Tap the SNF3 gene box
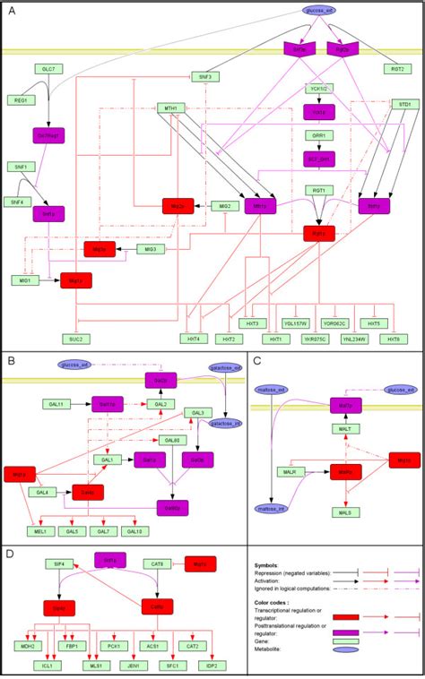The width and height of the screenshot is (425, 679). pyautogui.click(x=204, y=77)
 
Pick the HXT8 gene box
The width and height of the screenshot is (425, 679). pyautogui.click(x=391, y=339)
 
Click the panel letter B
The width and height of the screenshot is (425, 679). pyautogui.click(x=11, y=361)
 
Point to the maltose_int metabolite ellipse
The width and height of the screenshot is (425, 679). pyautogui.click(x=268, y=506)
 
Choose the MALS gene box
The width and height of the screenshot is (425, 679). pyautogui.click(x=318, y=512)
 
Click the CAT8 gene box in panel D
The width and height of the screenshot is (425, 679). pyautogui.click(x=158, y=563)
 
